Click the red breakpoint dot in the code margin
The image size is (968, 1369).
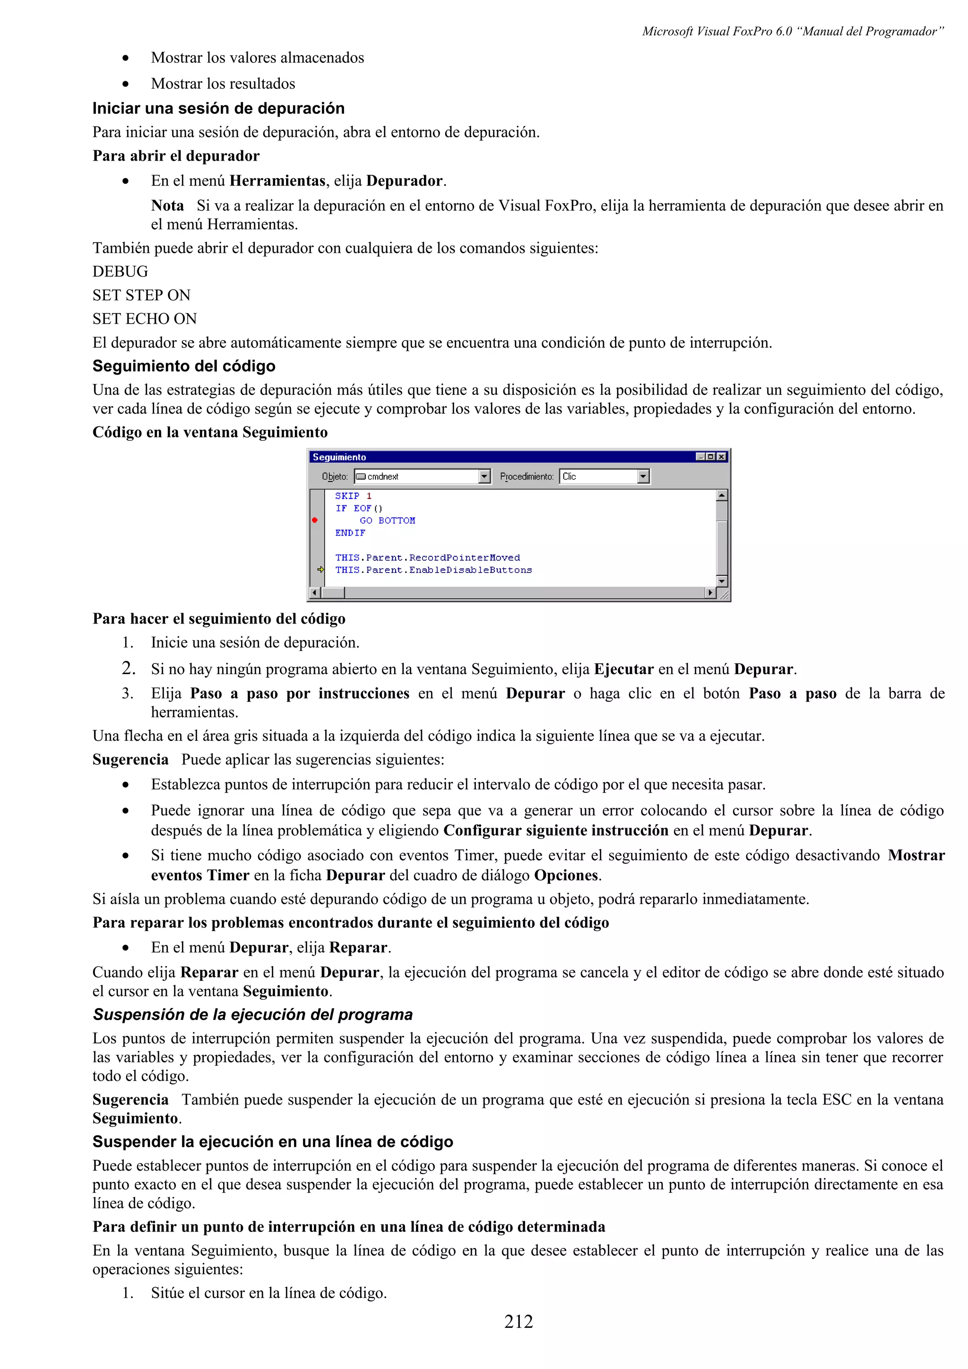[x=315, y=520]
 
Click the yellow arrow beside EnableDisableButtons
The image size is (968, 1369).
[x=320, y=569]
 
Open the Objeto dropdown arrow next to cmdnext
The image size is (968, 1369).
[x=484, y=476]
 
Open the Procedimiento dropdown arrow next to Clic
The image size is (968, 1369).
[x=643, y=476]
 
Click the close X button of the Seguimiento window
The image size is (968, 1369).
[x=722, y=457]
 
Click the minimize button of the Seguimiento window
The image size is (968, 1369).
[x=701, y=457]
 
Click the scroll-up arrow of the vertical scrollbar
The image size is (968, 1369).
[x=722, y=496]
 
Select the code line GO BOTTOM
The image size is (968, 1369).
[x=387, y=521]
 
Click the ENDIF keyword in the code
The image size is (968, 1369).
[x=350, y=533]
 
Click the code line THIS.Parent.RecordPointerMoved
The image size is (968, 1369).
[x=427, y=557]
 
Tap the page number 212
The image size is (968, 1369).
[x=519, y=1321]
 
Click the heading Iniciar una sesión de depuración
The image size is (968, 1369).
[x=218, y=109]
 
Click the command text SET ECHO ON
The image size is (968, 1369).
[x=144, y=319]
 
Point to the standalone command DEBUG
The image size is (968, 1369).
[x=120, y=272]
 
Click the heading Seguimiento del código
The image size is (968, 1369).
[x=184, y=366]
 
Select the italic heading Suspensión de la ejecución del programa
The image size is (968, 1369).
[x=252, y=1014]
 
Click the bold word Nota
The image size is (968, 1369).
[x=167, y=205]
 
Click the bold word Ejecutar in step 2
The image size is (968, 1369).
[x=623, y=669]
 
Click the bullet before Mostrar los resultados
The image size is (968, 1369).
[x=125, y=84]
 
